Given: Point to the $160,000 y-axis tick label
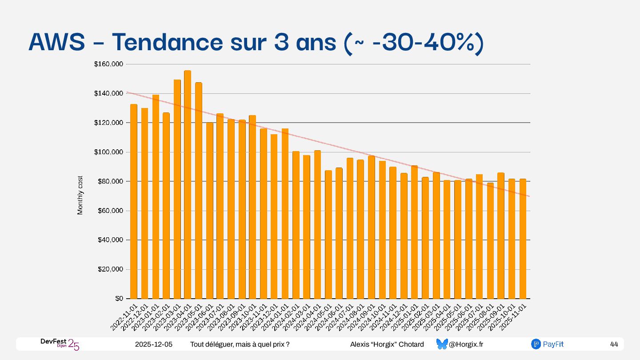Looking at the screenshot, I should click(x=108, y=64).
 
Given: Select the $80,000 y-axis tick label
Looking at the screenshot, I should click(x=110, y=181).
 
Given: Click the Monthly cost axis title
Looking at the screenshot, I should click(x=80, y=195).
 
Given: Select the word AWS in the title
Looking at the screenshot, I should click(x=57, y=43).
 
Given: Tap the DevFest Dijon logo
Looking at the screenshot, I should click(x=60, y=344).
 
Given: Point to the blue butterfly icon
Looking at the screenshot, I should click(x=442, y=344).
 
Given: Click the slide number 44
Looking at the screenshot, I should click(x=614, y=344).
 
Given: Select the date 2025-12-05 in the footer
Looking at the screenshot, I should click(x=154, y=344).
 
